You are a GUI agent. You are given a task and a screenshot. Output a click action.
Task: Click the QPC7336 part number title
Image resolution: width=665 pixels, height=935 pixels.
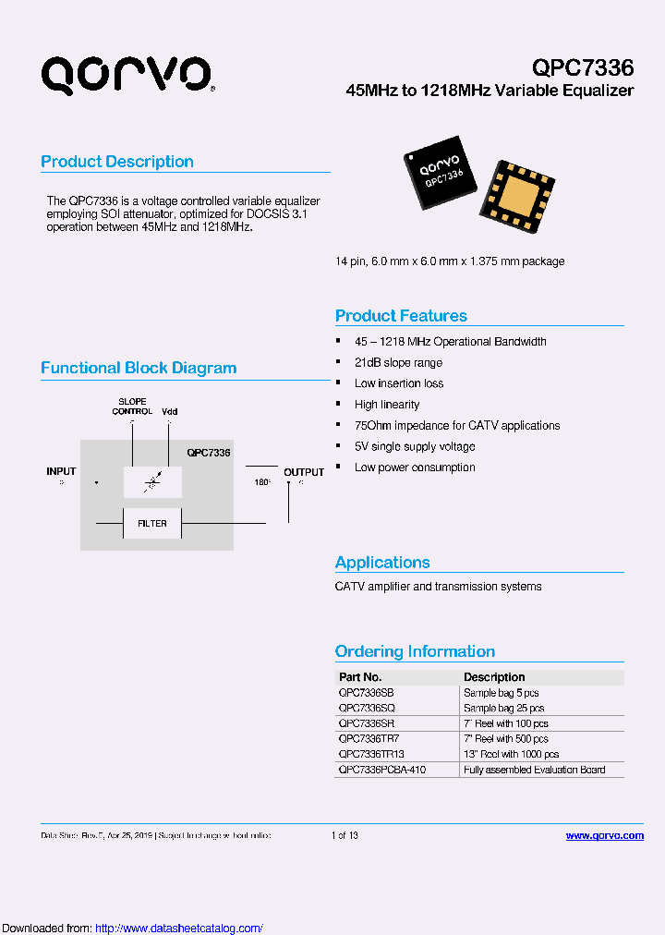pyautogui.click(x=583, y=67)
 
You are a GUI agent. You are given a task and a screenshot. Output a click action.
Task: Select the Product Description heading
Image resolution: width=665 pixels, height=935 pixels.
pyautogui.click(x=117, y=162)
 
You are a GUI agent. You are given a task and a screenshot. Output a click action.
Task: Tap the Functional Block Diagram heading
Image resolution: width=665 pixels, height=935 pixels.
pyautogui.click(x=139, y=368)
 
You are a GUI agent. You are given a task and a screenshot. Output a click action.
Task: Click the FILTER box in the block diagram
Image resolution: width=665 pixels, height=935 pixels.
pyautogui.click(x=152, y=523)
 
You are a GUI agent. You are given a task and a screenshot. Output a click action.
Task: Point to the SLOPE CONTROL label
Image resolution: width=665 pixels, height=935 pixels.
pyautogui.click(x=132, y=407)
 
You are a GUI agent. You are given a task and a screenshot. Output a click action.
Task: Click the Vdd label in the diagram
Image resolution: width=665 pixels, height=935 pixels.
pyautogui.click(x=169, y=411)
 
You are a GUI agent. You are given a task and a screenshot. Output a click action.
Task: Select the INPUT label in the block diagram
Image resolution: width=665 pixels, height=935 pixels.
pyautogui.click(x=61, y=471)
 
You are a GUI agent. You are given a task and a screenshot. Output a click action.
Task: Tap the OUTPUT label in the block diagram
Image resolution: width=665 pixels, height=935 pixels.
pyautogui.click(x=304, y=472)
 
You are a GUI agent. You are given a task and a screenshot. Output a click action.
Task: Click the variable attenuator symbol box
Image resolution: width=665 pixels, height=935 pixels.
pyautogui.click(x=152, y=481)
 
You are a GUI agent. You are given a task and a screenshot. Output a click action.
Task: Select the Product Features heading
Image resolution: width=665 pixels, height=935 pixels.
pyautogui.click(x=401, y=316)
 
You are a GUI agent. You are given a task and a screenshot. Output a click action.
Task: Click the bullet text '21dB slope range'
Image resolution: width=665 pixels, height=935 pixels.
pyautogui.click(x=398, y=362)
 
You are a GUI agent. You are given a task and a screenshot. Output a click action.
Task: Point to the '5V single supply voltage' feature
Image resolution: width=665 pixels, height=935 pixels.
pyautogui.click(x=415, y=446)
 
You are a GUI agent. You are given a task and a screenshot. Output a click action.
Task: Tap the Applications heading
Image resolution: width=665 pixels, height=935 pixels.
pyautogui.click(x=382, y=563)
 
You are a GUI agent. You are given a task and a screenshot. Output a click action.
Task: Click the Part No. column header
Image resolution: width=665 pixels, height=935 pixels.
pyautogui.click(x=360, y=677)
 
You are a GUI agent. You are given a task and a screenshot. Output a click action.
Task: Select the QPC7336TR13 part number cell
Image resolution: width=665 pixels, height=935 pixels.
pyautogui.click(x=371, y=754)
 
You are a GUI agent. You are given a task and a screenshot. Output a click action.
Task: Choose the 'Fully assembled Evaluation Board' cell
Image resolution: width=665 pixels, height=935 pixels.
pyautogui.click(x=534, y=770)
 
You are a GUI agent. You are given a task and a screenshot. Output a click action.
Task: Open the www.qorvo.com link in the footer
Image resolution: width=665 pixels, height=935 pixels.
pyautogui.click(x=604, y=835)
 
